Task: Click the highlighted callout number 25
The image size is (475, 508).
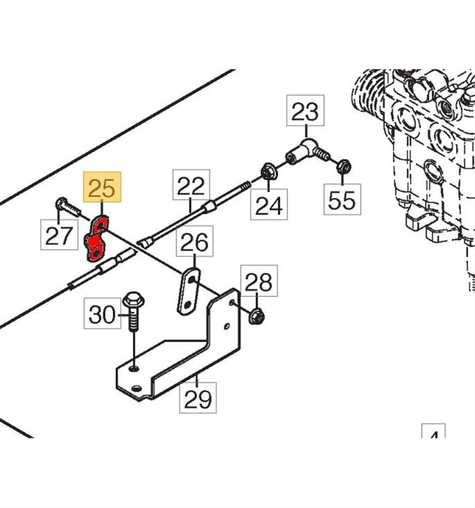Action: coord(102,187)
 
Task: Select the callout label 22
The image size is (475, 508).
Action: coord(191,186)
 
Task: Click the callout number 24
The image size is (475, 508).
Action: coord(269,204)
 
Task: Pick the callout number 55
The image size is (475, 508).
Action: coord(342,200)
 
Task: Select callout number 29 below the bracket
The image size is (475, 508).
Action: coord(197,398)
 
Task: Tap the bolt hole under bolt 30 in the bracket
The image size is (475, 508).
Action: coord(133,369)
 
